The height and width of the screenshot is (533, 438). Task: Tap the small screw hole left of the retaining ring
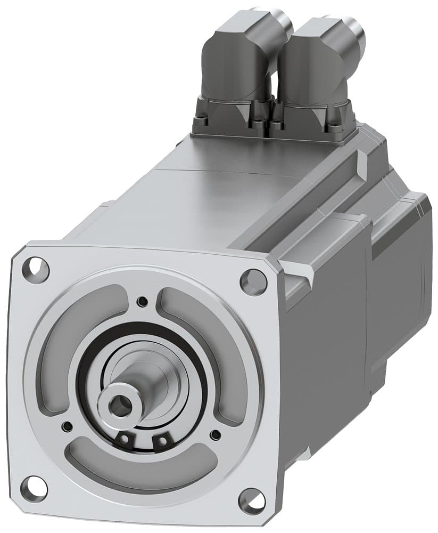coord(67,426)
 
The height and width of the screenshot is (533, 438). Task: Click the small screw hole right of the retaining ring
coord(215,435)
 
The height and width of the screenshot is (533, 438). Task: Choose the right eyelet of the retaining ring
coord(161,441)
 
